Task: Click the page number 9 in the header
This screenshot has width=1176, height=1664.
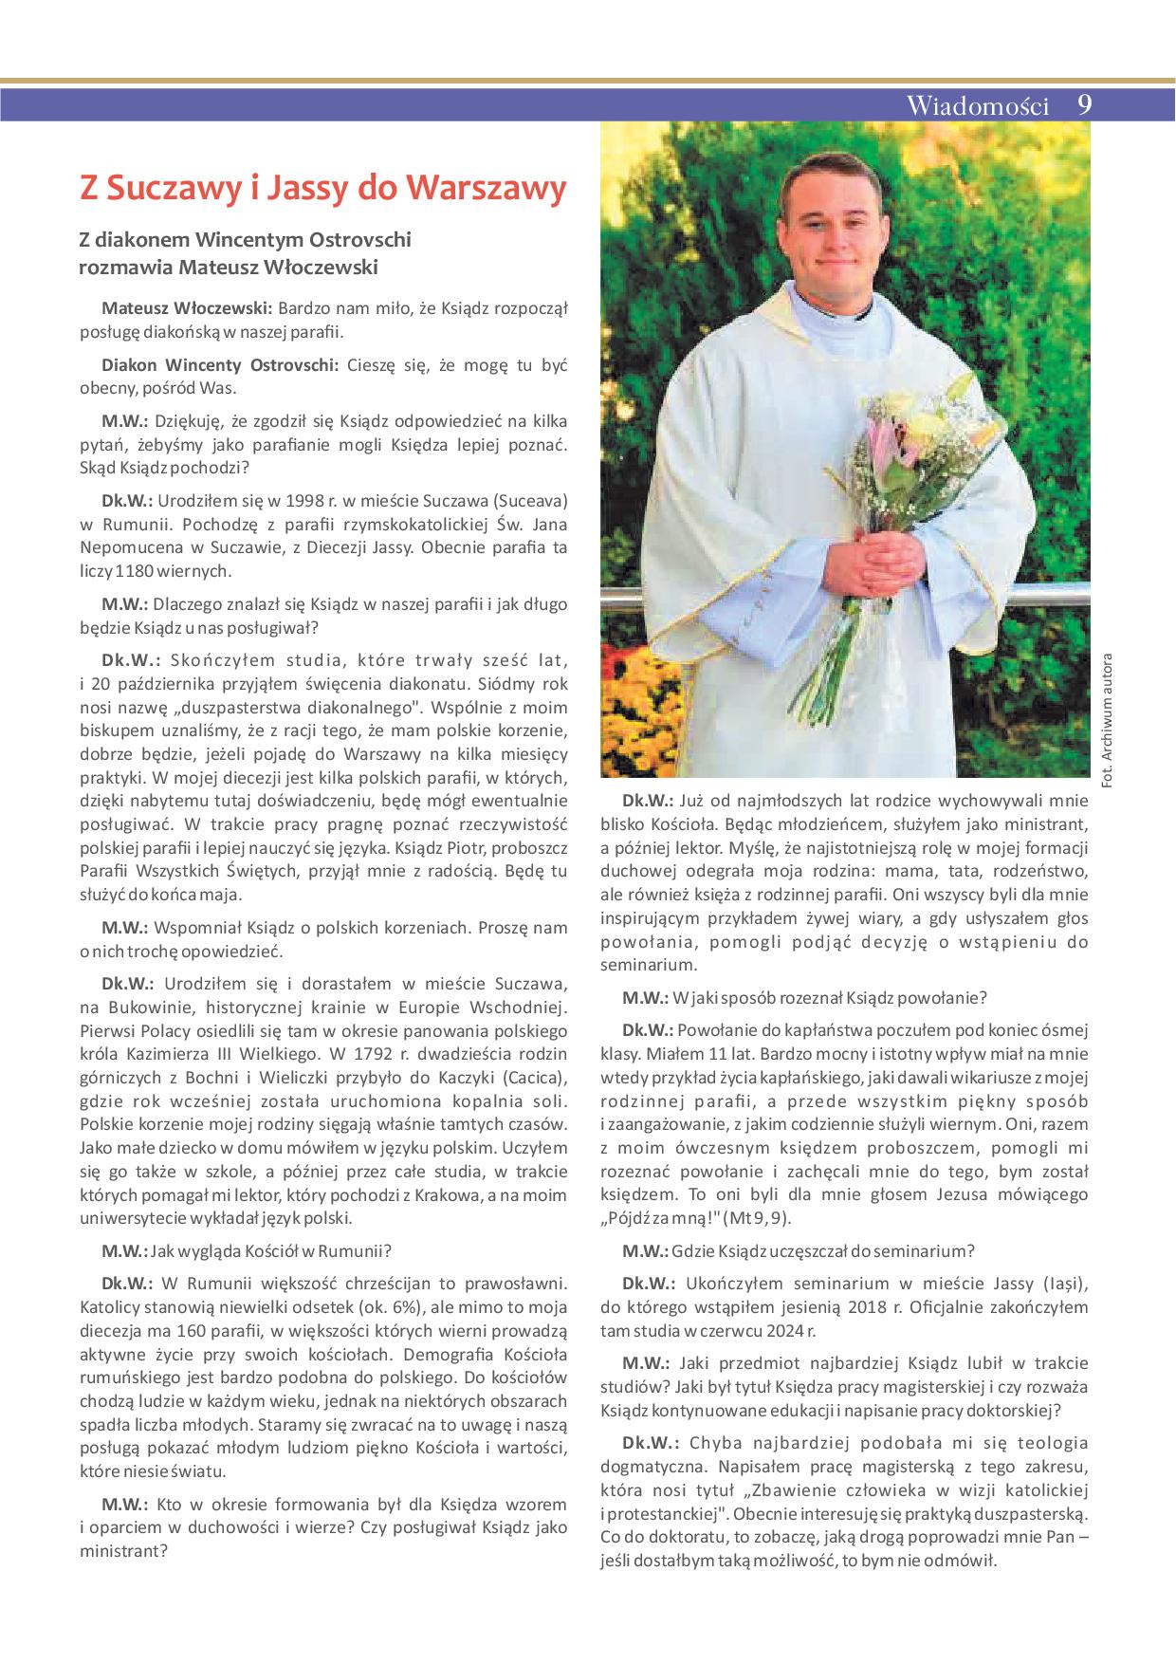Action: tap(1085, 104)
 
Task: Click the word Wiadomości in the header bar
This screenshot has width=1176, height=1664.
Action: tap(977, 105)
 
